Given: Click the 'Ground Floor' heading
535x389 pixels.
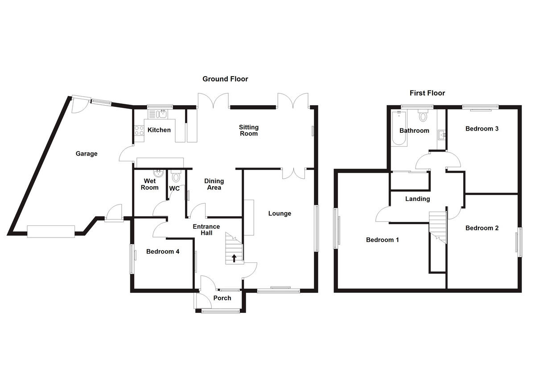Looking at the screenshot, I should [x=225, y=79].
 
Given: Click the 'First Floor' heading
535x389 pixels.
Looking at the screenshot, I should [x=427, y=93].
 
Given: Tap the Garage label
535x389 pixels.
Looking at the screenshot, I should [x=86, y=154].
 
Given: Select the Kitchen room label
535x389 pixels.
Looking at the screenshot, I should [x=159, y=130].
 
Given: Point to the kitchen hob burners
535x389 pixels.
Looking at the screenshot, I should [x=137, y=131].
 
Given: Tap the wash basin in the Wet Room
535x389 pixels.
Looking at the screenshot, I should [x=157, y=173].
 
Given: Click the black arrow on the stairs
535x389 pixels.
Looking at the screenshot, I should [x=234, y=258].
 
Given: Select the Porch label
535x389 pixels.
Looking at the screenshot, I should [x=222, y=298].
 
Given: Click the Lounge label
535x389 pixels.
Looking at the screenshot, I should [x=280, y=213].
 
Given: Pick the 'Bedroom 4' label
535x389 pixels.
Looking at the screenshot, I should [x=163, y=251].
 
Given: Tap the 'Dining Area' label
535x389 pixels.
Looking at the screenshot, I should [x=214, y=184].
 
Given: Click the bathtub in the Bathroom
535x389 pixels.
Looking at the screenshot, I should [x=398, y=129].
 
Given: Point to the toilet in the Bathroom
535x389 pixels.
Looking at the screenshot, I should [x=423, y=116].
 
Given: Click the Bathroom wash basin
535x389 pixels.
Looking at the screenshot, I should [x=441, y=134].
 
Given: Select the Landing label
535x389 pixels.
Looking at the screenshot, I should [x=417, y=199].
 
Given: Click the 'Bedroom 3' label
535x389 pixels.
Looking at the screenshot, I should [x=482, y=129].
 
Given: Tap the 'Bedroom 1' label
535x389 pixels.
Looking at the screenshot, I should [x=382, y=240].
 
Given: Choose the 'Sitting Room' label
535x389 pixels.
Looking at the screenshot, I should [x=249, y=131].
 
